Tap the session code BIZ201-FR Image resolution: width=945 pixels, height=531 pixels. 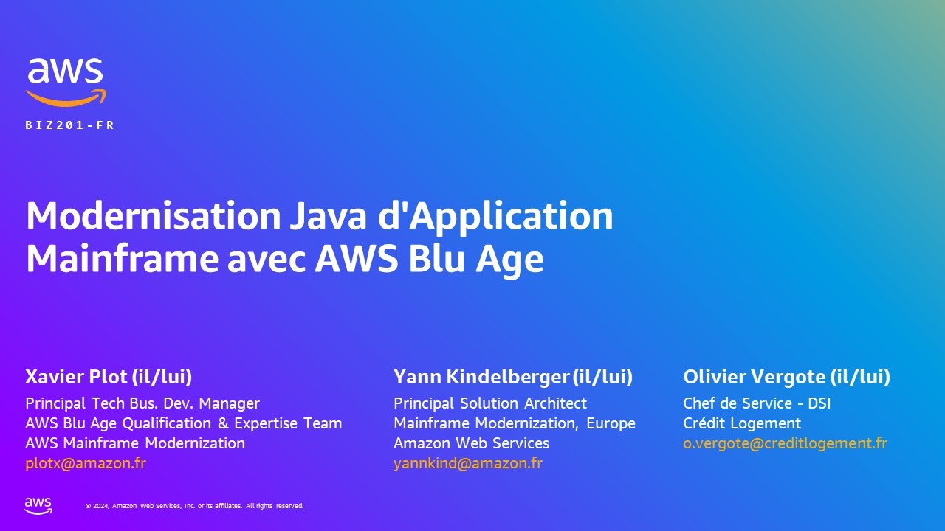coord(70,125)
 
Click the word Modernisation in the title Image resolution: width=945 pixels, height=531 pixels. coord(153,216)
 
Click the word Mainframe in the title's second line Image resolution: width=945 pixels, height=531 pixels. coord(122,259)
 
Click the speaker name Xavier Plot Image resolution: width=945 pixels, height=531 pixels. coord(77,377)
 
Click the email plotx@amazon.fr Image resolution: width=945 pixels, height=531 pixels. coord(86,463)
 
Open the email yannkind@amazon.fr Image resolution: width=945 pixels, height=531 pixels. coord(468,463)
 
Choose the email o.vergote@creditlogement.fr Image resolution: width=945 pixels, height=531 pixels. coord(785,443)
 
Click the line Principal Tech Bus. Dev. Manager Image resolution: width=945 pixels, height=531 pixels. coord(142,403)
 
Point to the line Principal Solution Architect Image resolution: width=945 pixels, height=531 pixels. coord(490,403)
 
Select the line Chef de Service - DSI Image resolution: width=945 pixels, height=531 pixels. coord(757,403)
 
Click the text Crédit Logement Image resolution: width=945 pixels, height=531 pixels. coord(742,423)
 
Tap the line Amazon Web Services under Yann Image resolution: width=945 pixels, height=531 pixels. coord(471,443)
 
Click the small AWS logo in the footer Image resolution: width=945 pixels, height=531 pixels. coord(38,505)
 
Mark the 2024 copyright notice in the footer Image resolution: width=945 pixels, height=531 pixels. coord(194,506)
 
